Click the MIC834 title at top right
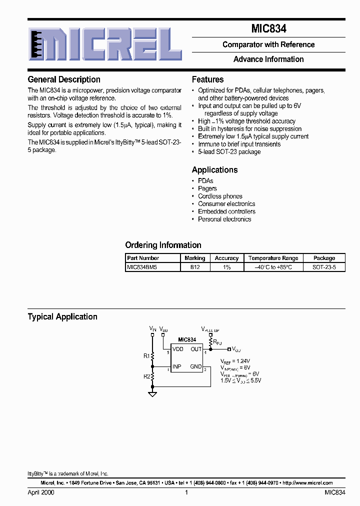(268, 29)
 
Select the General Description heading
(64, 79)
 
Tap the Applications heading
(214, 170)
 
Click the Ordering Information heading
(163, 245)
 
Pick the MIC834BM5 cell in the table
(142, 267)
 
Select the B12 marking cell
(194, 267)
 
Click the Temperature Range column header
(273, 258)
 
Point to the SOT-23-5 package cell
(324, 267)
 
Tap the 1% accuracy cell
(226, 267)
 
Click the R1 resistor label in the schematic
(146, 356)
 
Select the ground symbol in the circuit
(153, 394)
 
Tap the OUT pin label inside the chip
(196, 349)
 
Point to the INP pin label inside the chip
(177, 366)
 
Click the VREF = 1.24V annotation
(236, 361)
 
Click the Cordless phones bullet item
(220, 196)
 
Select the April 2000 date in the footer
(41, 492)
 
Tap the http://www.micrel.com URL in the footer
(307, 483)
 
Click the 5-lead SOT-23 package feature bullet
(229, 152)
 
